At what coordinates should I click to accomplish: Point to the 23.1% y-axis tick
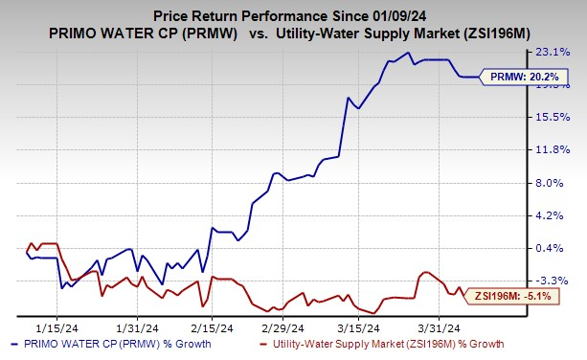tap(561, 51)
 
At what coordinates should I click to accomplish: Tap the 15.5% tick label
tap(561, 117)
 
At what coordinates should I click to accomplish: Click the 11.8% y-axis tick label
tap(561, 149)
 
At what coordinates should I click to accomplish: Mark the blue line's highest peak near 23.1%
tap(409, 53)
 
